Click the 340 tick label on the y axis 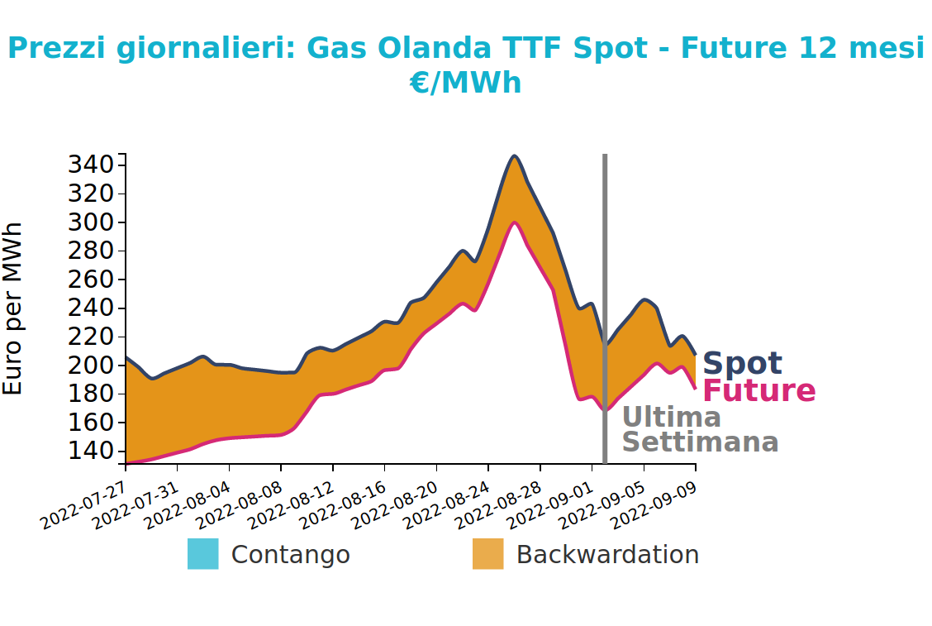pos(91,165)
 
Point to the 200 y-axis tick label pos(91,366)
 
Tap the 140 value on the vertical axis pos(91,451)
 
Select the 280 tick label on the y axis pos(91,251)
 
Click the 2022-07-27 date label pos(83,505)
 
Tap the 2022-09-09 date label pos(654,505)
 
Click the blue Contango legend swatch pos(202,554)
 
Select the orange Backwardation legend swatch pos(488,554)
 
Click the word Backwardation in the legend pos(607,555)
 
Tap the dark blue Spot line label pos(742,363)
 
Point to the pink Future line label pos(759,391)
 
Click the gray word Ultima pos(671,417)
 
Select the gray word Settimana pos(700,442)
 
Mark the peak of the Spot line pos(515,156)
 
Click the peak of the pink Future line pos(515,223)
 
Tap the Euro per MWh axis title pos(12,308)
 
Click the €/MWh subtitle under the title pos(465,84)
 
